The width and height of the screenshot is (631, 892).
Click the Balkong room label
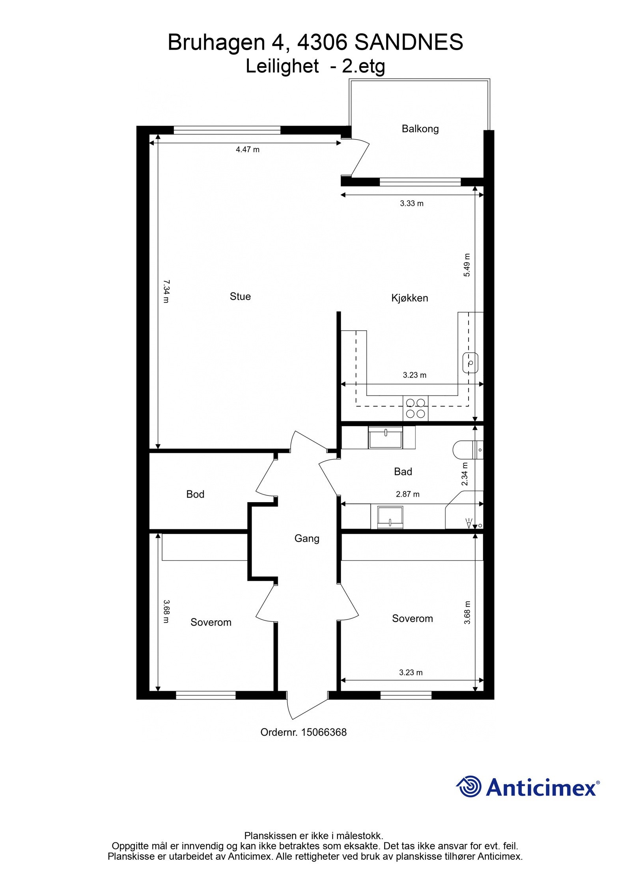[420, 128]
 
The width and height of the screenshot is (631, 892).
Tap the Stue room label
[240, 296]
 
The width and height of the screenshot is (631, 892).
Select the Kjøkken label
[409, 298]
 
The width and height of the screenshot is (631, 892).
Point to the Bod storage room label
[195, 494]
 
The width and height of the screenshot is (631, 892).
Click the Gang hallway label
[307, 538]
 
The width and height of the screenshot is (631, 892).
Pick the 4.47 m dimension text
[248, 149]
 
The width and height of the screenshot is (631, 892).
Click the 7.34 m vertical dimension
[166, 291]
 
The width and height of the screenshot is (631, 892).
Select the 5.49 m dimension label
[467, 265]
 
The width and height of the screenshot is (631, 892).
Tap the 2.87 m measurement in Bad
[408, 494]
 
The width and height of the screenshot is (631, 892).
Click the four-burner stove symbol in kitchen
[416, 408]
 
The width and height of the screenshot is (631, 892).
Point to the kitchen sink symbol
[470, 363]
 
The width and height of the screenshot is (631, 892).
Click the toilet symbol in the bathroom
[467, 449]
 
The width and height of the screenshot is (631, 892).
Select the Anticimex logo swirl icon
[469, 786]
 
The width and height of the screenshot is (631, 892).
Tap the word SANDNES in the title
[409, 42]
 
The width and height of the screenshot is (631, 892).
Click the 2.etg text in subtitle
[363, 66]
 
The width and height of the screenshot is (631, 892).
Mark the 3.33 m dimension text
[412, 203]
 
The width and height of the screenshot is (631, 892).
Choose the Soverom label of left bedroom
[211, 622]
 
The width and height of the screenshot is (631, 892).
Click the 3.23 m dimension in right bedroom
[411, 672]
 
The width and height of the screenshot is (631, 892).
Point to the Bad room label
[403, 471]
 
